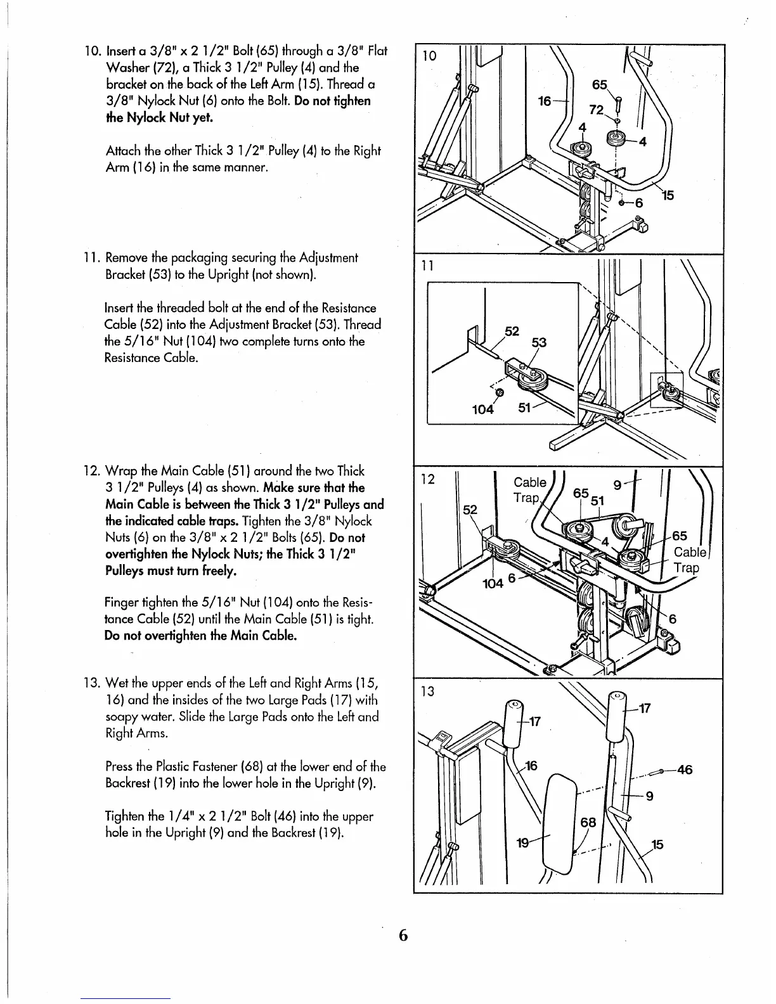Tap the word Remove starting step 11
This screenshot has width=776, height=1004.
coord(124,258)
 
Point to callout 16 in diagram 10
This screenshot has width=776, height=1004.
coord(546,100)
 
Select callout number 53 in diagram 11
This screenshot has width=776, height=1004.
coord(539,343)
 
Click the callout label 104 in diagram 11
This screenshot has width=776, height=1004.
coord(483,409)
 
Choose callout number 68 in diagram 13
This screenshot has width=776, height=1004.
coord(589,823)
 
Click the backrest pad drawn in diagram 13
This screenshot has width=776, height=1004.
coord(561,824)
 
